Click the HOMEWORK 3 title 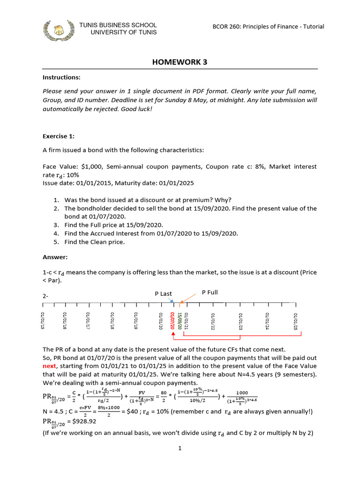click(x=180, y=62)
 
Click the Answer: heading click(x=55, y=257)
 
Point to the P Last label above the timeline click(x=164, y=294)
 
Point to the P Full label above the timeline click(x=210, y=292)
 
